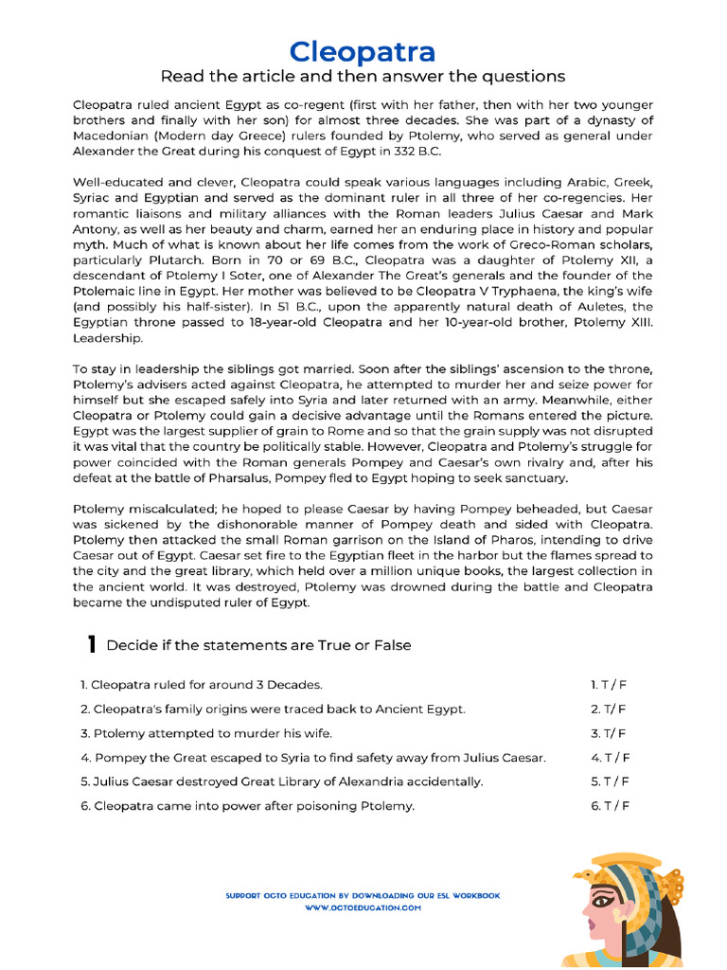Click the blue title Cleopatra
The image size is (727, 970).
(x=363, y=51)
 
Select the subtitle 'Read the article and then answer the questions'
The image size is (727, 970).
(x=363, y=77)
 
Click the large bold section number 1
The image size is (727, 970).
(x=91, y=645)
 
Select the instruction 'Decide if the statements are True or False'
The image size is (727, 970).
(x=258, y=645)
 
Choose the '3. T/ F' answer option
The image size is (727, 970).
(x=609, y=733)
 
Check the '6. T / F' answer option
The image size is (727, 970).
(x=610, y=806)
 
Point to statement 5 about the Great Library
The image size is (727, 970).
(x=281, y=781)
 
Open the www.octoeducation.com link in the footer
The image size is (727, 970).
(x=363, y=907)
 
